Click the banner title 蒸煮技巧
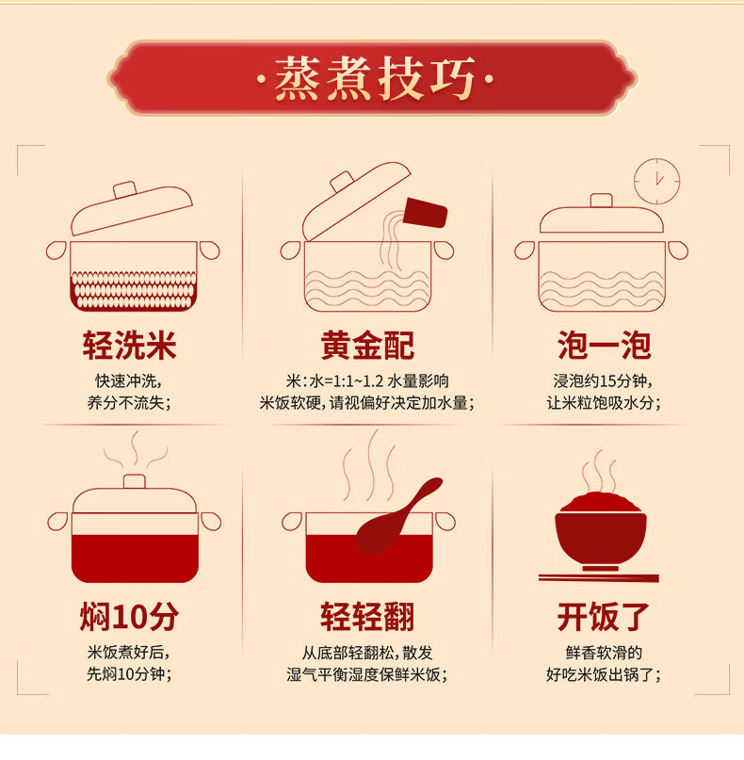(x=375, y=78)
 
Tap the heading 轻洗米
(x=129, y=346)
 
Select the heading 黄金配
(x=367, y=346)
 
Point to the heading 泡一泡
(x=604, y=346)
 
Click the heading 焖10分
(x=129, y=617)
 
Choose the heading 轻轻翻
(x=367, y=617)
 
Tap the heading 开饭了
(x=604, y=617)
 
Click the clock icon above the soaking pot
(x=656, y=181)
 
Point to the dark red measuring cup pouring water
(x=425, y=212)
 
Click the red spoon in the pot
(x=397, y=517)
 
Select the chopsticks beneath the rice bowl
(x=599, y=577)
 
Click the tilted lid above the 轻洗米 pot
(x=131, y=208)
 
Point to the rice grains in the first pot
(x=134, y=290)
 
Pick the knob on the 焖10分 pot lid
(x=135, y=481)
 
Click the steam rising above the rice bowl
(x=600, y=471)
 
